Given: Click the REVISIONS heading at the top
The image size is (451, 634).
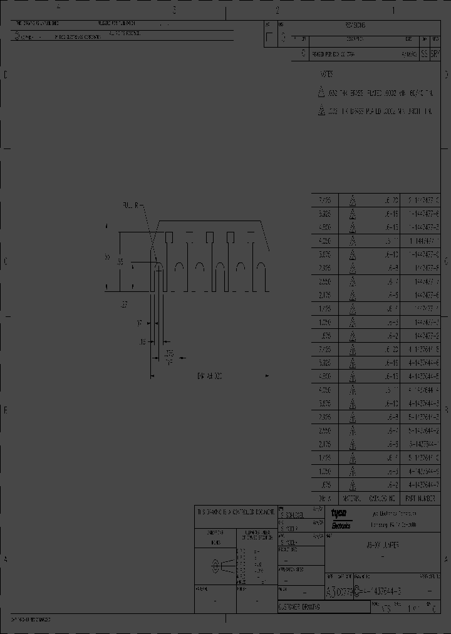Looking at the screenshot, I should click(x=355, y=26).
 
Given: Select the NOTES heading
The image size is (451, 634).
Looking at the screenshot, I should click(x=326, y=74).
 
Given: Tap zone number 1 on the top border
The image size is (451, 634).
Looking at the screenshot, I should click(x=392, y=10).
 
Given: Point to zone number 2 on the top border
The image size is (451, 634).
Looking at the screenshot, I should click(x=277, y=10).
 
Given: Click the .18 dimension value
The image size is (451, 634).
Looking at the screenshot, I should click(x=142, y=341).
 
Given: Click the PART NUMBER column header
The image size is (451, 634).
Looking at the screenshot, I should click(x=420, y=499).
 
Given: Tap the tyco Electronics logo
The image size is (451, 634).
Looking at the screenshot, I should click(x=342, y=518).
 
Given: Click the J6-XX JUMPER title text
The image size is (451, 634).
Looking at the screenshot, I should click(x=382, y=546).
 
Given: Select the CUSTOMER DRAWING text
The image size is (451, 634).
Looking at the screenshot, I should click(x=299, y=608).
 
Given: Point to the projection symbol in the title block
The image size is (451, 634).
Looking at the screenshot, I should click(x=216, y=566).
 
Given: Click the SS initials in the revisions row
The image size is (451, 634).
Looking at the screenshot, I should click(x=425, y=55).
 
